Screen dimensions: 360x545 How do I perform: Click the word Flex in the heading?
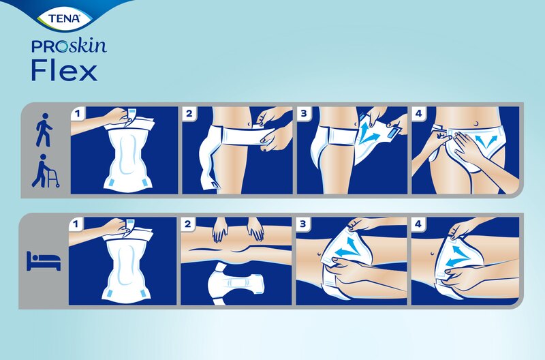click(64, 70)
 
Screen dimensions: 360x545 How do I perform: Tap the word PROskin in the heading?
click(68, 48)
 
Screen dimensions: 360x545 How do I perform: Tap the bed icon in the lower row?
click(43, 260)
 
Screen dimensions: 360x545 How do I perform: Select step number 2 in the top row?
click(189, 114)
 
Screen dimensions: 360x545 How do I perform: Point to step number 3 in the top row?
click(302, 114)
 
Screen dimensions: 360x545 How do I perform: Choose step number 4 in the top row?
click(417, 114)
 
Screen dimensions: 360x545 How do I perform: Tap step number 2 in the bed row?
click(189, 224)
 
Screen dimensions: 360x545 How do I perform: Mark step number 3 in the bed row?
click(302, 224)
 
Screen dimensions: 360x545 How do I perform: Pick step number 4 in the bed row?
click(417, 224)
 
